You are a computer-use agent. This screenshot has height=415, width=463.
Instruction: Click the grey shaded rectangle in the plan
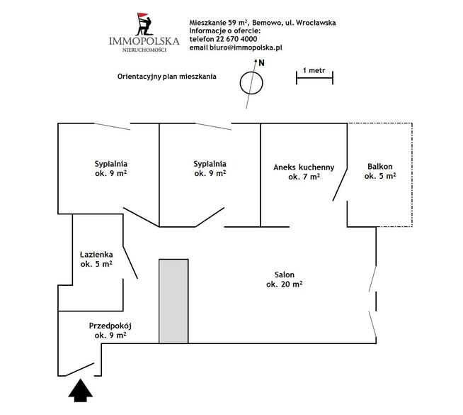[x=173, y=301]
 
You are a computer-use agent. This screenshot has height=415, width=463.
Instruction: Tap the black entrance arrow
[x=80, y=390]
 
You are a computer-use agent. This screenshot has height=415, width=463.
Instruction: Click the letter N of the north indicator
[x=262, y=63]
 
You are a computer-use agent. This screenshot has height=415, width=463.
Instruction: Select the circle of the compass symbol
[x=251, y=83]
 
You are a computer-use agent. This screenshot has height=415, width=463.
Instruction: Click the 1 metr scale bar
[x=314, y=78]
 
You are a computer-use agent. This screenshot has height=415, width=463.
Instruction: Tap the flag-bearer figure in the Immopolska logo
[x=144, y=24]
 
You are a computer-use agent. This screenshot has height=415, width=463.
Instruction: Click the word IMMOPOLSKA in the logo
[x=144, y=41]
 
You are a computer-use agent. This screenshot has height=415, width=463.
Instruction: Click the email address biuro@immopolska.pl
[x=246, y=48]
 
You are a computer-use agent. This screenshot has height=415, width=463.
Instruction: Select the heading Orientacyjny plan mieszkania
[x=167, y=77]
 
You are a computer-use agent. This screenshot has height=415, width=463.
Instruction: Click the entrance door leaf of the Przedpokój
[x=79, y=370]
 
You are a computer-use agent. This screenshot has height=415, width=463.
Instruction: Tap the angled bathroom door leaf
[x=130, y=262]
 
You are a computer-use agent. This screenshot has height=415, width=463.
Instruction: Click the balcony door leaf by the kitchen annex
[x=340, y=184]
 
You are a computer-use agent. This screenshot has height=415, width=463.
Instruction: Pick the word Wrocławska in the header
[x=316, y=23]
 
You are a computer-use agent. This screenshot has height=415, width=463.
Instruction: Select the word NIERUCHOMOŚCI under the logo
[x=144, y=50]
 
